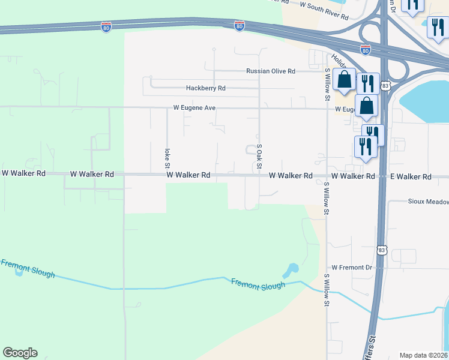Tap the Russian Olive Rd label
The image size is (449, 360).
click(271, 71)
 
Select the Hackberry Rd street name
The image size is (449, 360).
click(205, 88)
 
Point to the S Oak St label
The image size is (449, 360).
click(259, 155)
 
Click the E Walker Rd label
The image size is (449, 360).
click(411, 176)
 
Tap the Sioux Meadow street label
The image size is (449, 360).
click(428, 202)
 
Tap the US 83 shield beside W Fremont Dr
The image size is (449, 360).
click(382, 248)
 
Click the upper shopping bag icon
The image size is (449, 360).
click(344, 79)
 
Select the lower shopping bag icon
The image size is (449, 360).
click(366, 106)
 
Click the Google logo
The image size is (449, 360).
click(20, 353)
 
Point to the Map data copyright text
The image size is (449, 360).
click(424, 355)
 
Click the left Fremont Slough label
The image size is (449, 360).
click(28, 268)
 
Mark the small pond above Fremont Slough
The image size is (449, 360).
click(292, 269)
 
